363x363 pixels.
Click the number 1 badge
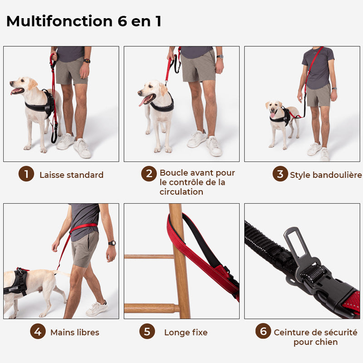(x=26, y=174)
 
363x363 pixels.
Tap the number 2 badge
(x=148, y=174)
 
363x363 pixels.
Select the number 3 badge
(x=280, y=174)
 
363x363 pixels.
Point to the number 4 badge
(x=38, y=332)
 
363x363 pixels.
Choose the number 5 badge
(x=147, y=332)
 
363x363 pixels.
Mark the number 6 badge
(x=263, y=331)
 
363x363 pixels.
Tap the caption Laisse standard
(x=71, y=175)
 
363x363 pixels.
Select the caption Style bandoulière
(x=326, y=175)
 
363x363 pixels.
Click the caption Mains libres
(x=74, y=333)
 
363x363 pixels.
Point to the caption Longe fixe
(x=186, y=333)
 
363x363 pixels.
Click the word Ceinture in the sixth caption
(x=294, y=333)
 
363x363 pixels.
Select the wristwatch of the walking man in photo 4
(x=112, y=243)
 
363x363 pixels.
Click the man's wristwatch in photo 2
(x=220, y=57)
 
